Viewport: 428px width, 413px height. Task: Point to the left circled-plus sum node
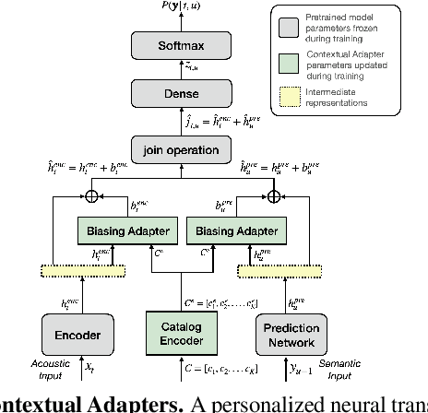(x=90, y=195)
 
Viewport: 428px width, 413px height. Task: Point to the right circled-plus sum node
(x=273, y=195)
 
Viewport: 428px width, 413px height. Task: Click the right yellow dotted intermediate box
(x=276, y=270)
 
